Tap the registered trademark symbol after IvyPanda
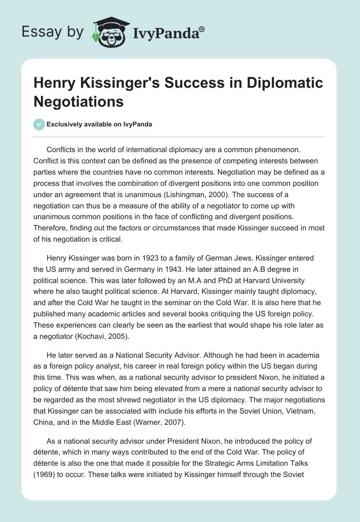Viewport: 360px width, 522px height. [202, 30]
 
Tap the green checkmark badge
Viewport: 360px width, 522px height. [39, 124]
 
